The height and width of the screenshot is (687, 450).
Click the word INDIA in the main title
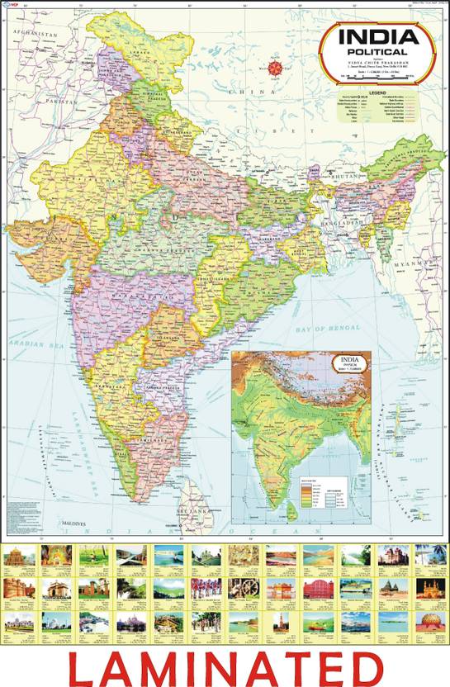point(377,37)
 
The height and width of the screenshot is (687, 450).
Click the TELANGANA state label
point(160,339)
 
